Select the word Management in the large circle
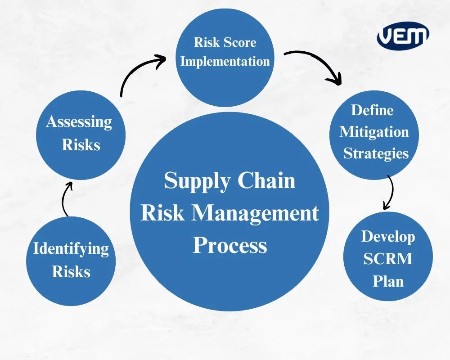[256, 212]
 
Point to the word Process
[230, 246]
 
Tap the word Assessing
[79, 122]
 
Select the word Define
[372, 110]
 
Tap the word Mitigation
[374, 132]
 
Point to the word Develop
[388, 237]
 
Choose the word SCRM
[388, 259]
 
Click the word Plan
[388, 281]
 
